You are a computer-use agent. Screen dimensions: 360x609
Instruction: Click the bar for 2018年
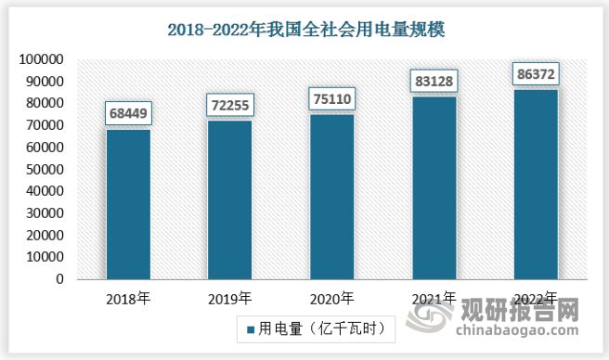point(128,204)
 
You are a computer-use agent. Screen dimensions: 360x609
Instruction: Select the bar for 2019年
point(229,199)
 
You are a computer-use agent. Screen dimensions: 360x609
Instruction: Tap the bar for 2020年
point(331,197)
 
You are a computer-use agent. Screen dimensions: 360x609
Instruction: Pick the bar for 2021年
point(434,187)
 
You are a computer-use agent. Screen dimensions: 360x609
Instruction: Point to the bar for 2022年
point(536,184)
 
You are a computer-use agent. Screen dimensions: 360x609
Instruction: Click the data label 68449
point(128,115)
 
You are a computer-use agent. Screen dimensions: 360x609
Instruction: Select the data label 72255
point(229,106)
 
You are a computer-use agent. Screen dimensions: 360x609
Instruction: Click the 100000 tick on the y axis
point(40,59)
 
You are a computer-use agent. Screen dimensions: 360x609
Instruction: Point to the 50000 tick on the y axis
point(44,169)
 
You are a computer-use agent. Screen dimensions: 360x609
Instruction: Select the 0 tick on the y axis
point(58,279)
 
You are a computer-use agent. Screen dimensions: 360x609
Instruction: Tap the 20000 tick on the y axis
point(44,236)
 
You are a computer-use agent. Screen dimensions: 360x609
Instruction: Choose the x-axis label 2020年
point(331,299)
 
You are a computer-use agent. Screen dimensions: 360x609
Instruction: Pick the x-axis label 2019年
point(229,299)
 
